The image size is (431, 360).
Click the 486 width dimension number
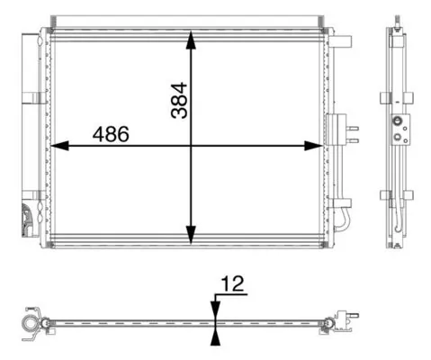point(111,134)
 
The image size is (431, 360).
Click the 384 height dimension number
point(179,101)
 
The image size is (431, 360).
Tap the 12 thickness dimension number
point(232,283)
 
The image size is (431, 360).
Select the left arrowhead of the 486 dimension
point(59,146)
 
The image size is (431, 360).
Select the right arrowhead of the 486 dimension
point(313,146)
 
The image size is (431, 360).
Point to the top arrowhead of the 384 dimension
point(191,39)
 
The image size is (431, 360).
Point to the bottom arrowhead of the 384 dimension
point(191,235)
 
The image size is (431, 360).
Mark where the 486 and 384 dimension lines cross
point(191,146)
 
